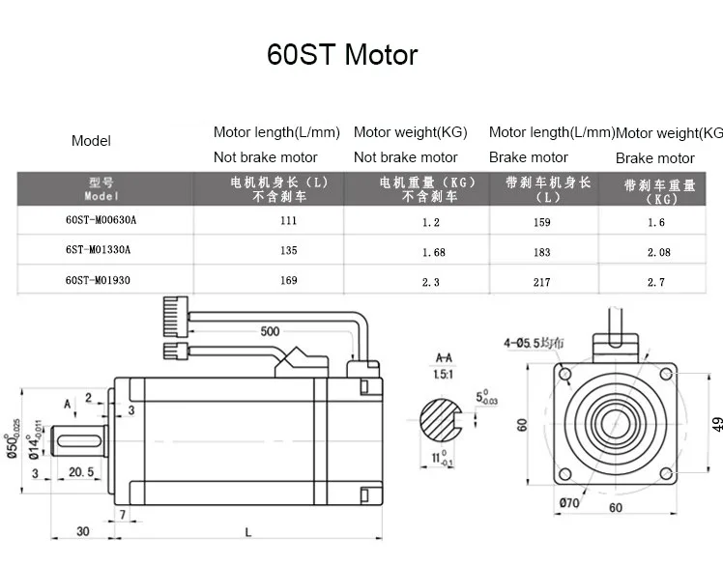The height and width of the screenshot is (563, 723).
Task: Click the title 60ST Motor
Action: click(x=342, y=54)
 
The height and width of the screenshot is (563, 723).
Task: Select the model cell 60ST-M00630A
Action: click(x=101, y=221)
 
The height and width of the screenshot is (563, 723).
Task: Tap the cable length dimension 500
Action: click(x=270, y=331)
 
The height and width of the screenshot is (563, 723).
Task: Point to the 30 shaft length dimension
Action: click(x=83, y=531)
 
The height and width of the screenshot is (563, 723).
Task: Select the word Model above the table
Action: click(x=91, y=141)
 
